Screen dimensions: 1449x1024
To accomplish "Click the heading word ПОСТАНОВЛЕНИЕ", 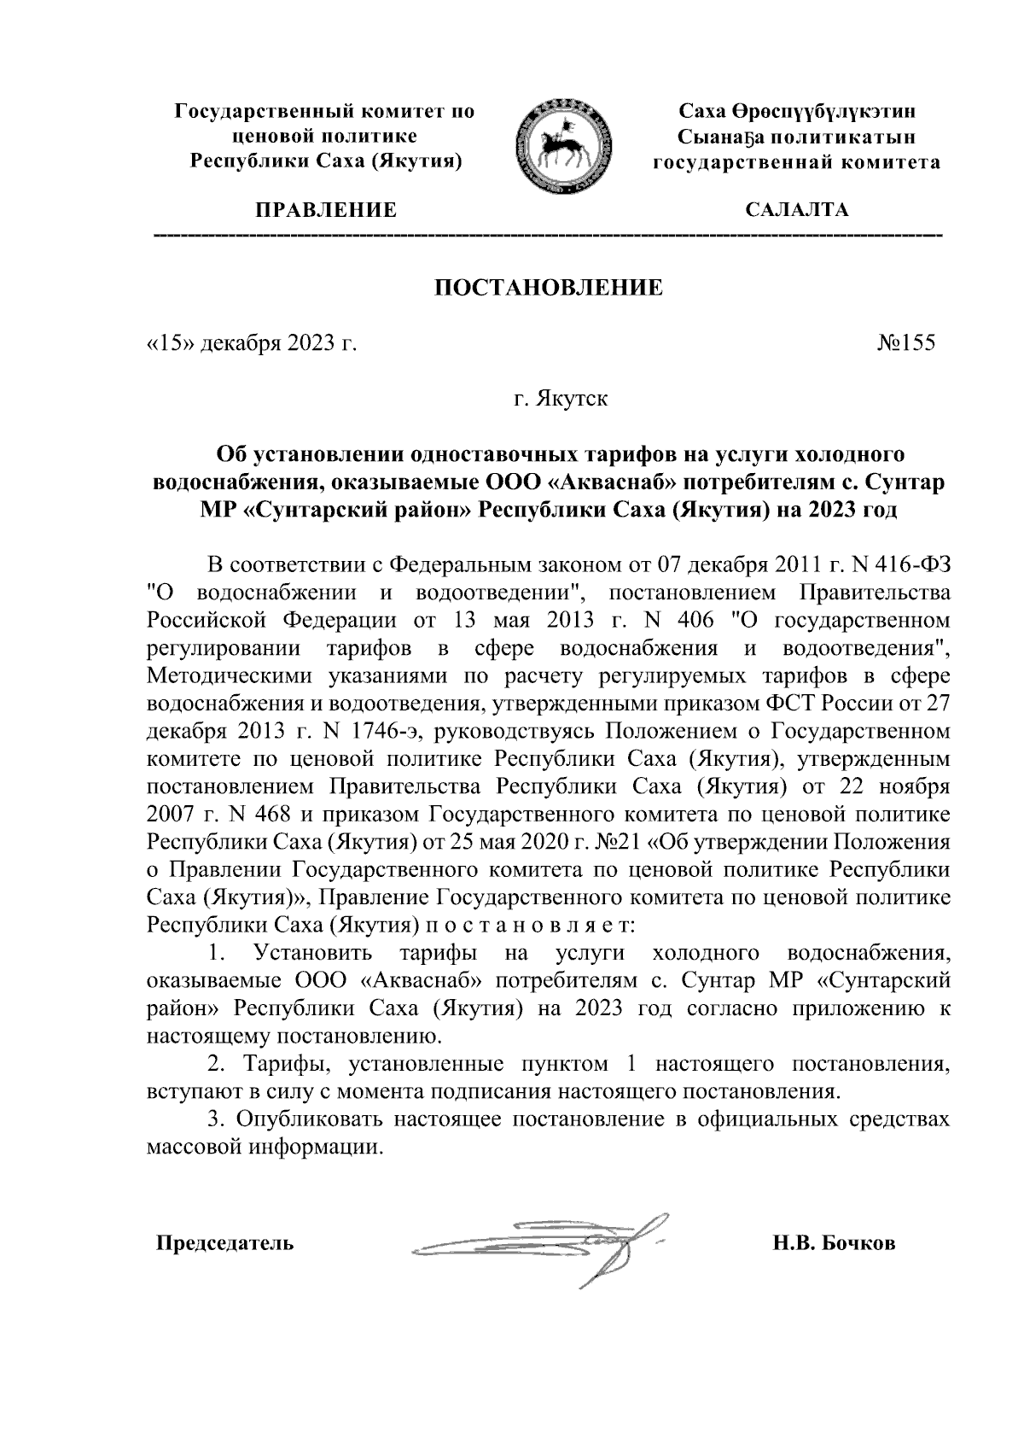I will [549, 288].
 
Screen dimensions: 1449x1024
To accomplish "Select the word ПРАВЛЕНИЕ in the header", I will [322, 210].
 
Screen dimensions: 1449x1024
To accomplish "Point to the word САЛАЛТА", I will [796, 210].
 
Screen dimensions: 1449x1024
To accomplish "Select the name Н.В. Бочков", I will [834, 1243].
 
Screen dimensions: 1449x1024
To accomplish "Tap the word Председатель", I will [224, 1243].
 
